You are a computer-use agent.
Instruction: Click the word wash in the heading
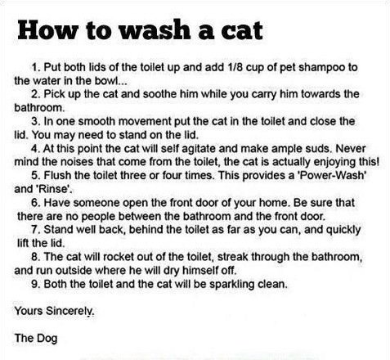point(155,29)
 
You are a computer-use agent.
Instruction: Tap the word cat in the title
point(242,30)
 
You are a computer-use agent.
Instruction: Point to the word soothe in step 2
point(159,94)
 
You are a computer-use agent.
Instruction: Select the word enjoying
point(334,163)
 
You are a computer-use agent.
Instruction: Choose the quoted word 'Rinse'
point(52,189)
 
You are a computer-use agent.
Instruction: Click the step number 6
point(35,203)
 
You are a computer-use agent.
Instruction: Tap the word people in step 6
point(99,217)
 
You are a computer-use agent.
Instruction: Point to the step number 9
point(35,284)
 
